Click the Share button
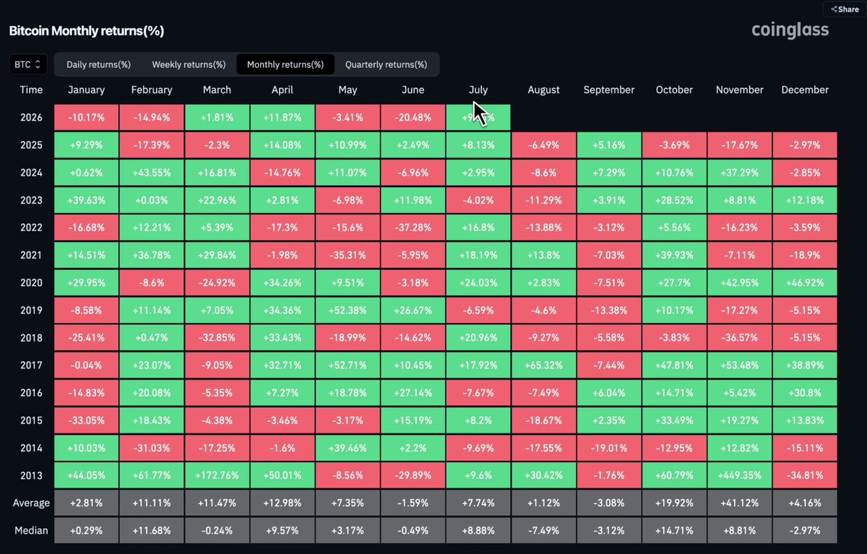point(845,9)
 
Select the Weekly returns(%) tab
point(189,64)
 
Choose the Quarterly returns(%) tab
point(386,64)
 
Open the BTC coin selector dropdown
point(28,64)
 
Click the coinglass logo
point(790,30)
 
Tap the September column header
point(609,90)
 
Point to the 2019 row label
point(31,311)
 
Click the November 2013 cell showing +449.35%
point(739,475)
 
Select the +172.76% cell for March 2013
point(217,475)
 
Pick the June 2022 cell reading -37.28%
point(413,228)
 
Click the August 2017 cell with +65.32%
point(543,365)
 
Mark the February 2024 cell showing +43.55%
point(151,173)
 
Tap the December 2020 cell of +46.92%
point(805,283)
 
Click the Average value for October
point(674,503)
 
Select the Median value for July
point(478,530)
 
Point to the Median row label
point(31,530)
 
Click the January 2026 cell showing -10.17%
point(86,117)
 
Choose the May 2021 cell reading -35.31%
point(348,256)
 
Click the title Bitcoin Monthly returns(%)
point(86,31)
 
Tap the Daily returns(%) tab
point(98,64)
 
